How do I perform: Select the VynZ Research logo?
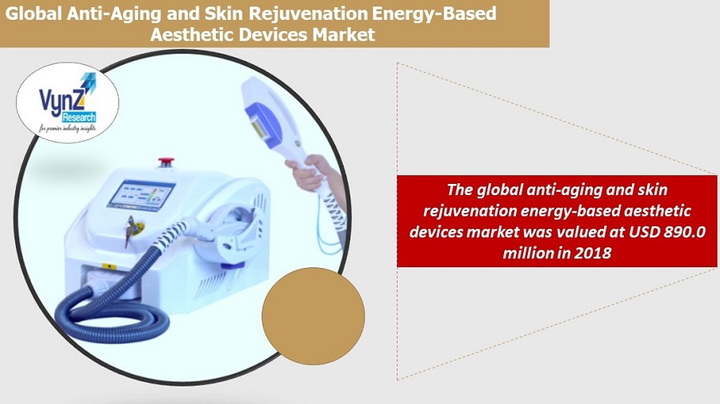(67, 103)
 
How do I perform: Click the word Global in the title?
(34, 14)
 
